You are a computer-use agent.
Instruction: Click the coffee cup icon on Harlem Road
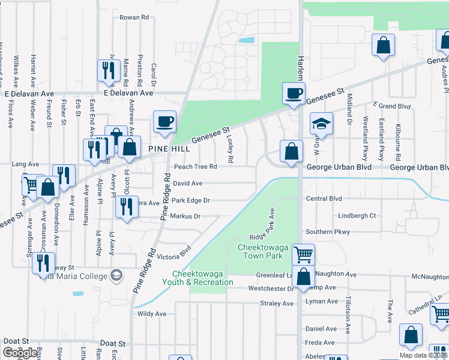pos(294,94)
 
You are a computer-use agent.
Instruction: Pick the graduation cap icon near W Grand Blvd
pos(321,124)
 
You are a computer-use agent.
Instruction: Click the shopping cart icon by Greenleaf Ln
pos(303,254)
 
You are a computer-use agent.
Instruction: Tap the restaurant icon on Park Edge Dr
pos(125,208)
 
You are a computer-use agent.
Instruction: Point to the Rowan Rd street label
pos(134,18)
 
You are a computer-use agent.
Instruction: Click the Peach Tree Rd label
pos(191,167)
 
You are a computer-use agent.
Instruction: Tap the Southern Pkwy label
pos(327,232)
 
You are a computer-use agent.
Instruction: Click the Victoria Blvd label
pos(173,251)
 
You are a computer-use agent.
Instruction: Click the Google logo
pos(20,353)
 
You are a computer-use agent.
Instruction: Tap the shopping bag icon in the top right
pos(382,46)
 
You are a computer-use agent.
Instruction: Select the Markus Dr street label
pos(185,216)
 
